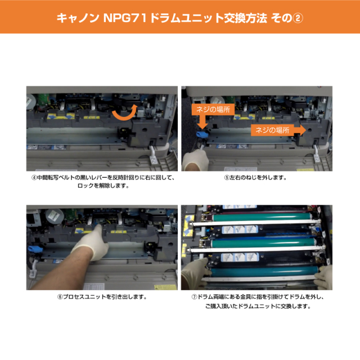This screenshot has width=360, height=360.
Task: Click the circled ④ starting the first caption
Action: pos(34,178)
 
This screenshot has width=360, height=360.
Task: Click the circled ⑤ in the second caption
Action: pos(226,178)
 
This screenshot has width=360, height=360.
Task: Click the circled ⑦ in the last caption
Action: pos(194,297)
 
